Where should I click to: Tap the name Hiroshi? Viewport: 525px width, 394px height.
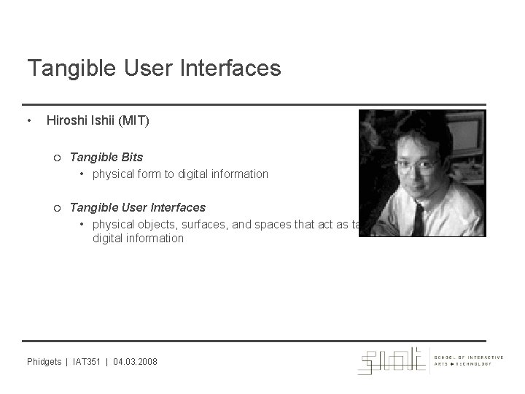tap(66, 120)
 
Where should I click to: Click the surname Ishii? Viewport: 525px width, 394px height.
tap(104, 120)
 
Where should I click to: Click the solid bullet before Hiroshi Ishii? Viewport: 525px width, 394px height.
tap(28, 120)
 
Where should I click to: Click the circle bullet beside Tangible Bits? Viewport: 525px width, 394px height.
tap(58, 157)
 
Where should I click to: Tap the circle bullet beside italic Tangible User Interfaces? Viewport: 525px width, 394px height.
tap(58, 207)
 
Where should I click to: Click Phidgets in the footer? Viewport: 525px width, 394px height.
tap(44, 362)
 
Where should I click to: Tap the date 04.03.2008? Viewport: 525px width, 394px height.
tap(135, 362)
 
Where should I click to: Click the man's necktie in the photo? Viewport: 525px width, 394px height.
tap(421, 220)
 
